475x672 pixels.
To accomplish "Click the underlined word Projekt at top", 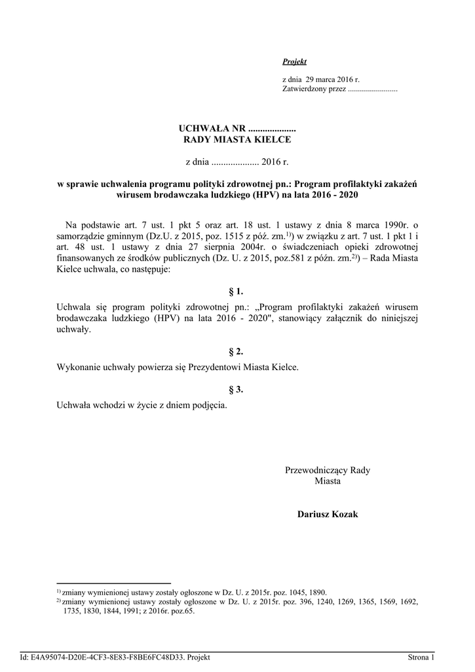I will point(294,62).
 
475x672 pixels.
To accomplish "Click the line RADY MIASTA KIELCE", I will point(237,138).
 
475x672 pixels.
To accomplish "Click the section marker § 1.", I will point(236,291).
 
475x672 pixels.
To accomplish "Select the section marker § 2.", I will point(236,352).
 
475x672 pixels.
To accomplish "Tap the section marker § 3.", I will point(236,389).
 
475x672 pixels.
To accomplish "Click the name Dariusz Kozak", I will point(328,514).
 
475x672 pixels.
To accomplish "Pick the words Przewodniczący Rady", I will point(328,470).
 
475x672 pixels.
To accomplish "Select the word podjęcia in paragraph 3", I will point(210,405).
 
